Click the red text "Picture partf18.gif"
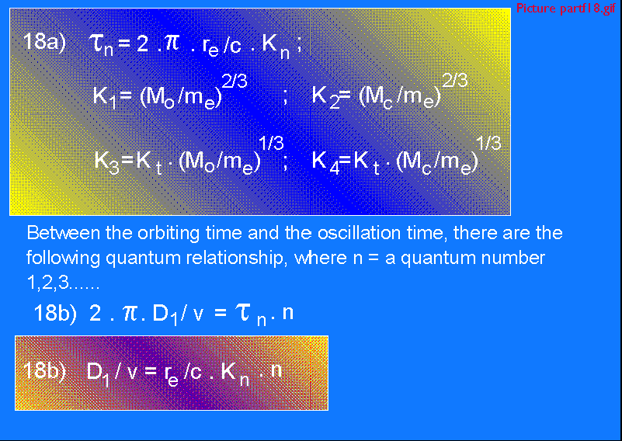click(565, 9)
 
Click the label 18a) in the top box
click(44, 42)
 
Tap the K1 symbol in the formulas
click(104, 97)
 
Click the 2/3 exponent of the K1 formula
click(235, 82)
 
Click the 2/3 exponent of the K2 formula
click(455, 81)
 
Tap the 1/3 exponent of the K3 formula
click(271, 143)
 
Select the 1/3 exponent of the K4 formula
click(488, 143)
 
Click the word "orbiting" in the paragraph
click(168, 234)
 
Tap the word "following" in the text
click(63, 259)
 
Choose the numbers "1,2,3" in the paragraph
click(47, 283)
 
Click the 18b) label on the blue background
click(55, 314)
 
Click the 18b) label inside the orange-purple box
click(44, 370)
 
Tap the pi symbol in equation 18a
click(172, 42)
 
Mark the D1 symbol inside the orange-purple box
click(98, 373)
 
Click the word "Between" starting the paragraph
click(63, 232)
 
